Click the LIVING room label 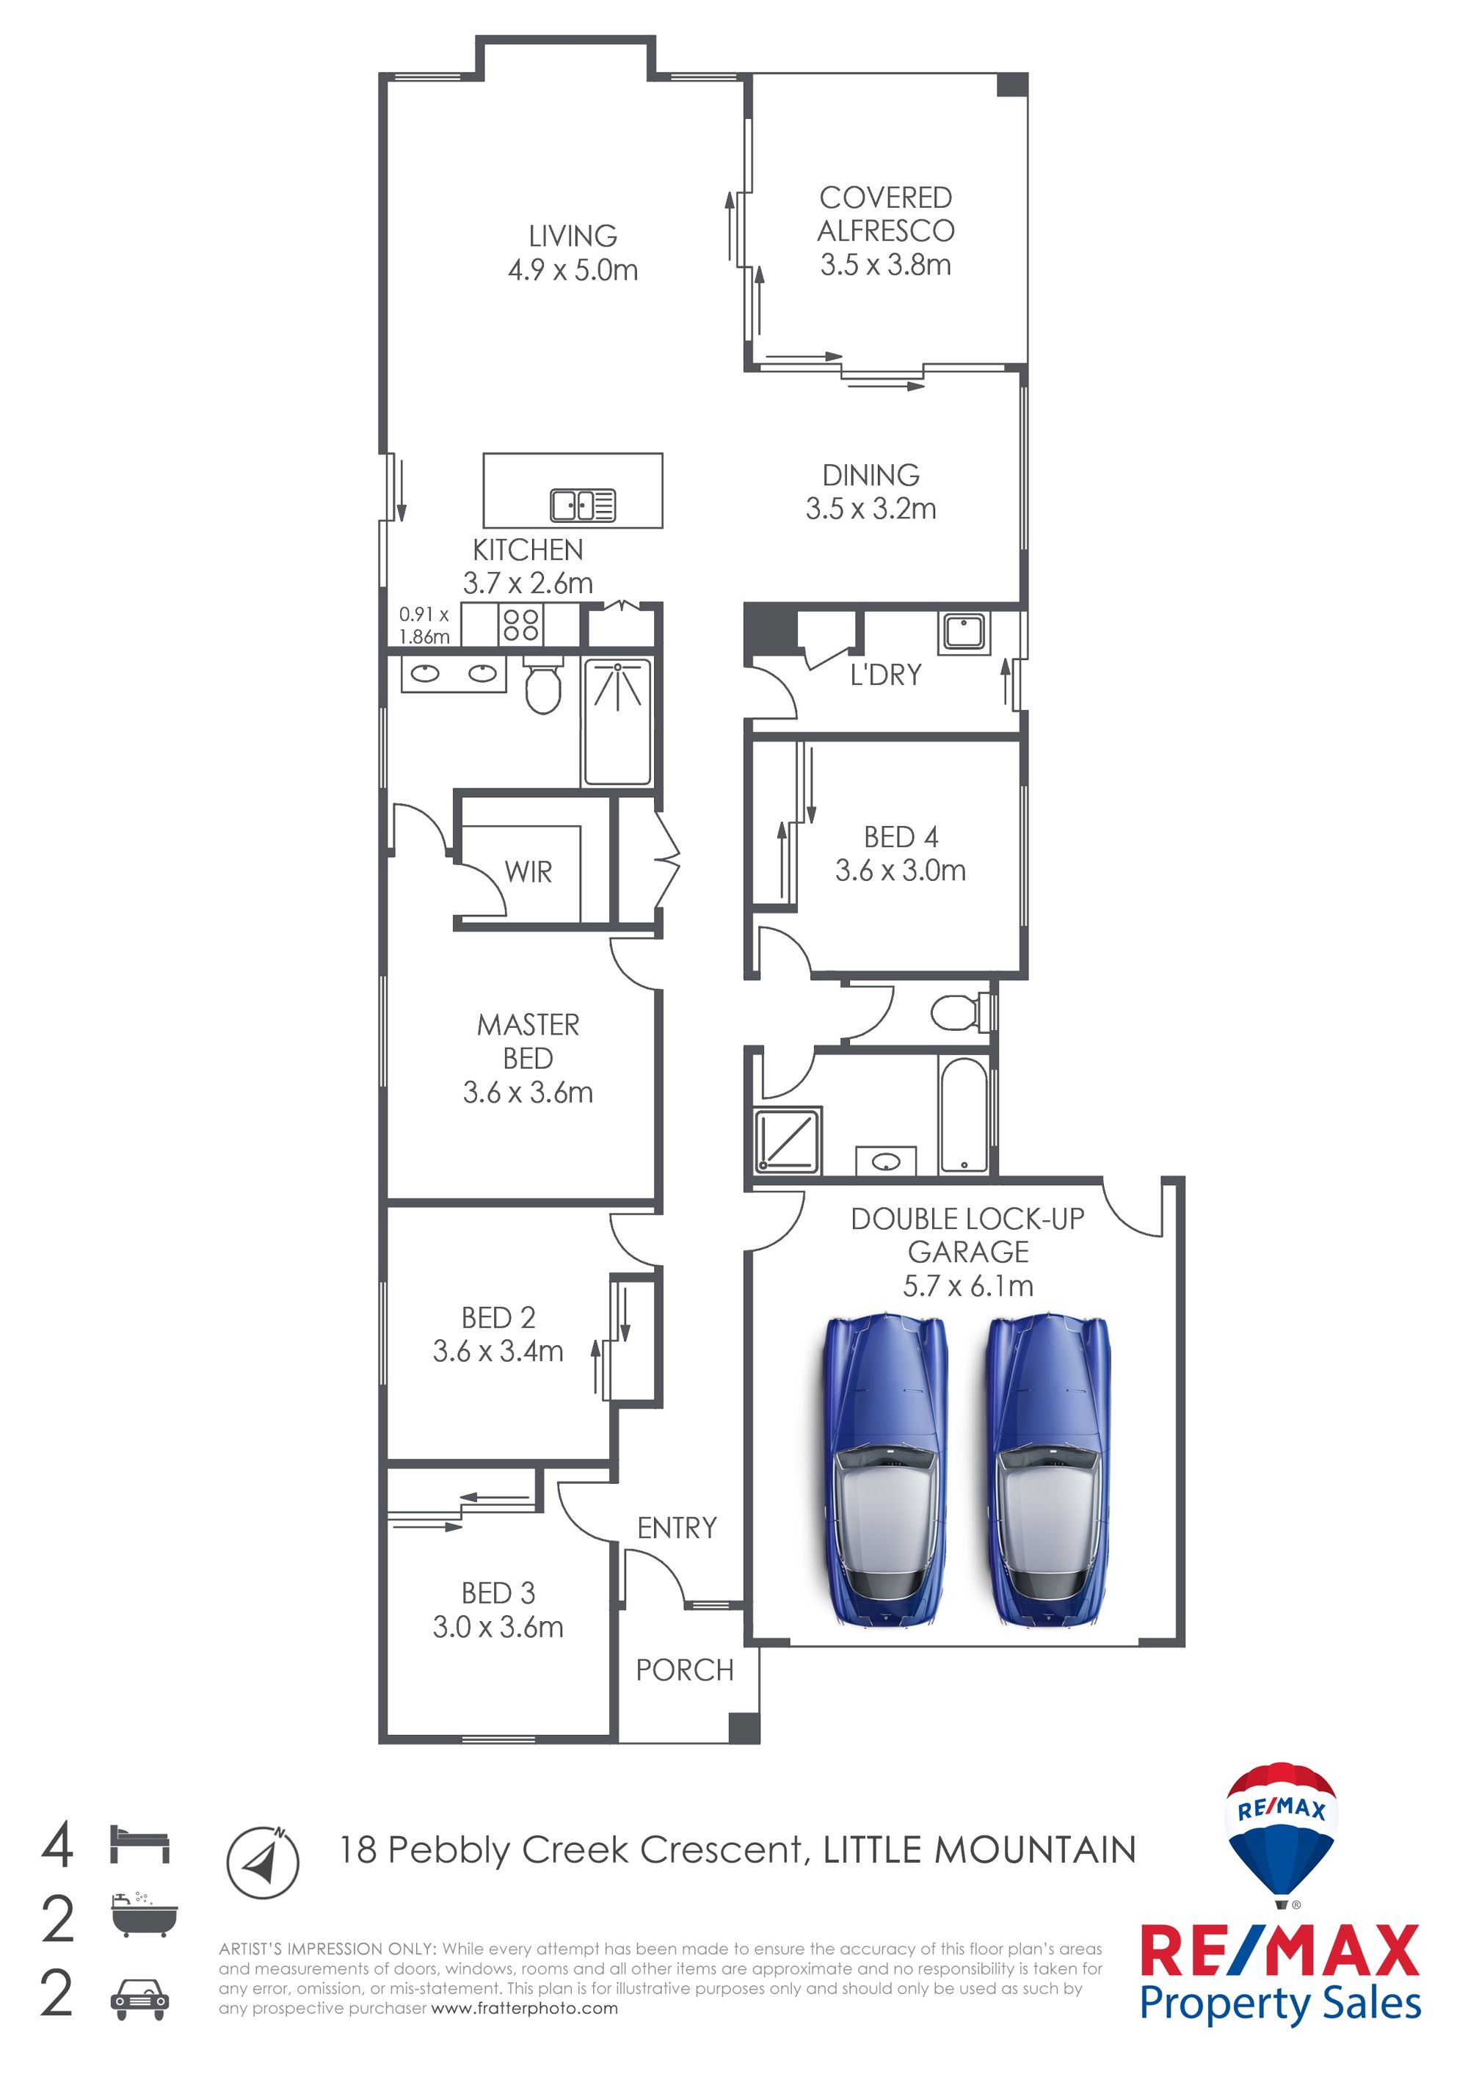573,236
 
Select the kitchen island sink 584,505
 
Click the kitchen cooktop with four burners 520,624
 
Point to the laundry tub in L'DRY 964,631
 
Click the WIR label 528,872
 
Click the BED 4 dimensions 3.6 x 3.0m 900,870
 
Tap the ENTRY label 677,1528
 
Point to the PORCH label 685,1670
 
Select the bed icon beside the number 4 139,1844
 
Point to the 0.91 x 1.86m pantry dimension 424,625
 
